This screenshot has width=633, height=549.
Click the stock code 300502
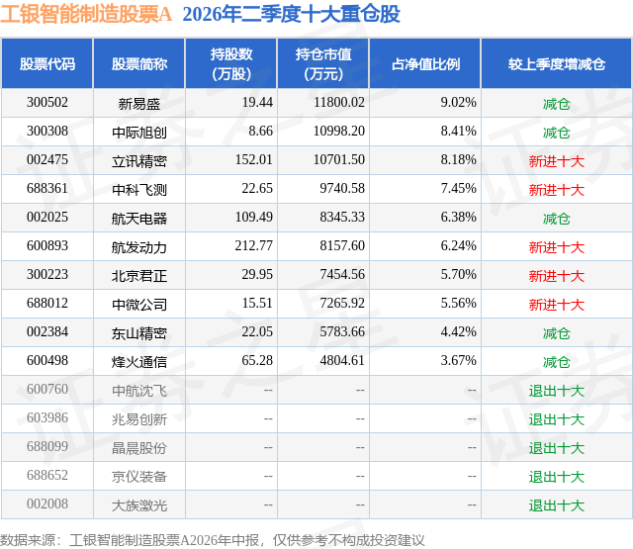coord(47,102)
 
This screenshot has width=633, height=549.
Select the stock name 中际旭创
coord(139,132)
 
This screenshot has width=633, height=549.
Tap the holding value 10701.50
coord(339,159)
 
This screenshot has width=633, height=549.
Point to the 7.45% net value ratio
coord(459,188)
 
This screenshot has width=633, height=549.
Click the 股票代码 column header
coord(47,63)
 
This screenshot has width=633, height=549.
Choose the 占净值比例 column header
coord(425,63)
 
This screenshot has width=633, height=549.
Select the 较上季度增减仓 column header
coord(557,63)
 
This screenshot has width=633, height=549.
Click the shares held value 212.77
coord(254,245)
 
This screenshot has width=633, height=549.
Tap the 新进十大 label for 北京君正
coord(557,276)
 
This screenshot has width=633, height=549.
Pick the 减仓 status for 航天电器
coord(557,219)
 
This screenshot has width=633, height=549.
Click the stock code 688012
coord(47,303)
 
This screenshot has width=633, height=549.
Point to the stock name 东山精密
coord(139,333)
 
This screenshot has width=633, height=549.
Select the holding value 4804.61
coord(342,360)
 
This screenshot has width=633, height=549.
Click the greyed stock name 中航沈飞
coord(139,391)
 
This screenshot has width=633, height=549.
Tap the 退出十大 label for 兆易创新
coord(557,419)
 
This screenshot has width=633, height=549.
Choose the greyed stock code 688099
coord(47,446)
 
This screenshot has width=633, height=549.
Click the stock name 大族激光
coord(139,505)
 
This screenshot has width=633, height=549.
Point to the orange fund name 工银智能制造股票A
coord(86,14)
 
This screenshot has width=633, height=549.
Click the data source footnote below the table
coord(213,540)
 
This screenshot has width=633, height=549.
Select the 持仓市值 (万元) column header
coord(323,63)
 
